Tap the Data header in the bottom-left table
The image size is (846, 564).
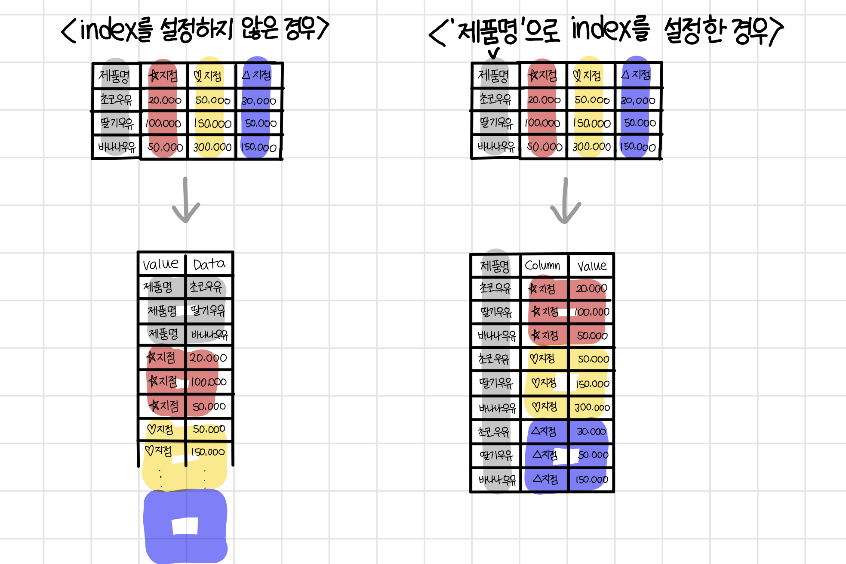[209, 264]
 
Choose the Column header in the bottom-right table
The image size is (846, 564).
[542, 265]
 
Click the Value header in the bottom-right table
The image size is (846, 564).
[592, 266]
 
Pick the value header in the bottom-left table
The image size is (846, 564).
[160, 264]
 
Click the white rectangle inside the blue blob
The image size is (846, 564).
[185, 526]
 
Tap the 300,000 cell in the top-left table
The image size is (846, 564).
[212, 147]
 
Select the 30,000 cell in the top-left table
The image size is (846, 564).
[258, 101]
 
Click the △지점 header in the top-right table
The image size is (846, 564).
[636, 75]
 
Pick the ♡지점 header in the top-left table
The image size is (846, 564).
[208, 76]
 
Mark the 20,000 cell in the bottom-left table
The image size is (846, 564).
[208, 358]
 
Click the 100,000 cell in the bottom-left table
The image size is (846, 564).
[209, 382]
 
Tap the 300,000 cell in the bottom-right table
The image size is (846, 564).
[592, 407]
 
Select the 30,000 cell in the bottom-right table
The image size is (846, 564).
[591, 431]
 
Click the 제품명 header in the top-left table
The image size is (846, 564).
[114, 76]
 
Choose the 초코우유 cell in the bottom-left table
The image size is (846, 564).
[206, 287]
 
